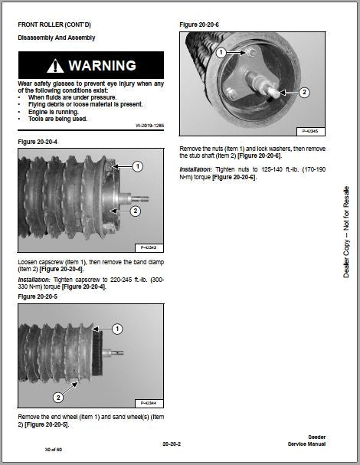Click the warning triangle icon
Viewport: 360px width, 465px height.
click(55, 66)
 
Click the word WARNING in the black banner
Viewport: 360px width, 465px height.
click(103, 66)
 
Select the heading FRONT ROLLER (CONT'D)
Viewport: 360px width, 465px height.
click(54, 25)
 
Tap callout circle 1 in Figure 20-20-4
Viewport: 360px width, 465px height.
click(137, 166)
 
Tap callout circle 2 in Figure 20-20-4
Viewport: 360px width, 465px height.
click(136, 211)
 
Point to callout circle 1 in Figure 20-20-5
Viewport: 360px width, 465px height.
click(117, 329)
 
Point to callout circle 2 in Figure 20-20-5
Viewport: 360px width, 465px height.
click(58, 398)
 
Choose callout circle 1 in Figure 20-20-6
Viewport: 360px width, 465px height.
click(221, 53)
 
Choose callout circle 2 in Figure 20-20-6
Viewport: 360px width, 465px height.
click(304, 92)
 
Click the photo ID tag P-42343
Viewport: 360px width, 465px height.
click(149, 247)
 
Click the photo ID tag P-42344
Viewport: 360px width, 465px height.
click(149, 403)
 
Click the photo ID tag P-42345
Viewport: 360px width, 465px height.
click(310, 131)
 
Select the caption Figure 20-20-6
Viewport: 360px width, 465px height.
click(199, 25)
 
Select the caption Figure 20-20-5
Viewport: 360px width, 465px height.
click(38, 296)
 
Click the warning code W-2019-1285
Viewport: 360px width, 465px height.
click(150, 126)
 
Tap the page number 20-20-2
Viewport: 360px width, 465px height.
click(172, 444)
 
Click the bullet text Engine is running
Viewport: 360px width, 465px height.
click(54, 112)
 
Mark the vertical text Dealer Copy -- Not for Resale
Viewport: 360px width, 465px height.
click(346, 232)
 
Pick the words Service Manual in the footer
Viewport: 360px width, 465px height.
click(306, 444)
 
